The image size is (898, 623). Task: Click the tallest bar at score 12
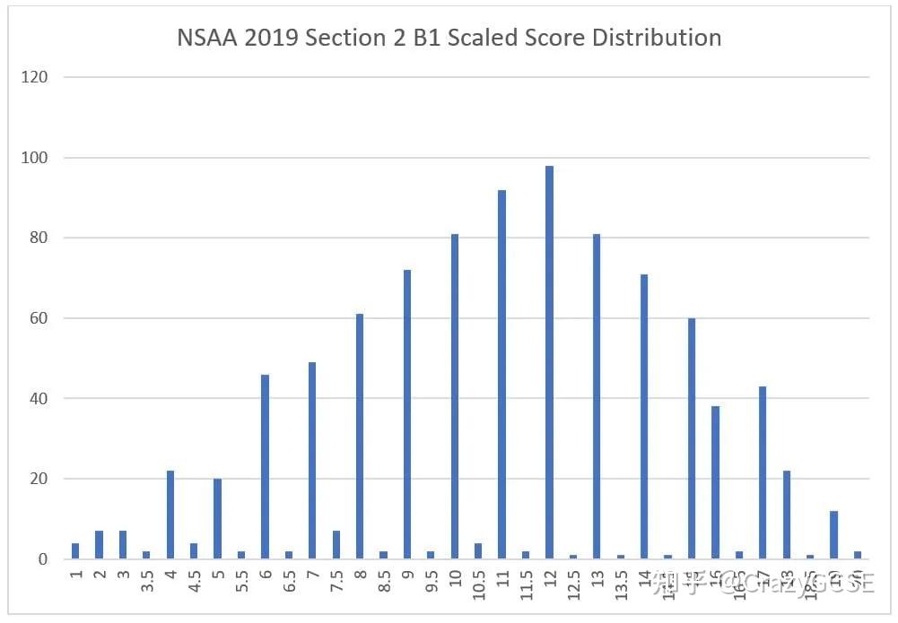tap(549, 362)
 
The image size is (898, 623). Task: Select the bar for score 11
tap(501, 374)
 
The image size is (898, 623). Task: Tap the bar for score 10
tap(455, 396)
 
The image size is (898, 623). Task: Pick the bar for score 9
tap(408, 414)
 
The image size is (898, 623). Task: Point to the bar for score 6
tap(266, 466)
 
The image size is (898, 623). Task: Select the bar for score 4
tap(170, 515)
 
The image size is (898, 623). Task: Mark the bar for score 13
tap(597, 396)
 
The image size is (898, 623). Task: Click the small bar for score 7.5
tap(337, 545)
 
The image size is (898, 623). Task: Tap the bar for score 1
tap(75, 551)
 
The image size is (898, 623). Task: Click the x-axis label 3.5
tap(147, 583)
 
